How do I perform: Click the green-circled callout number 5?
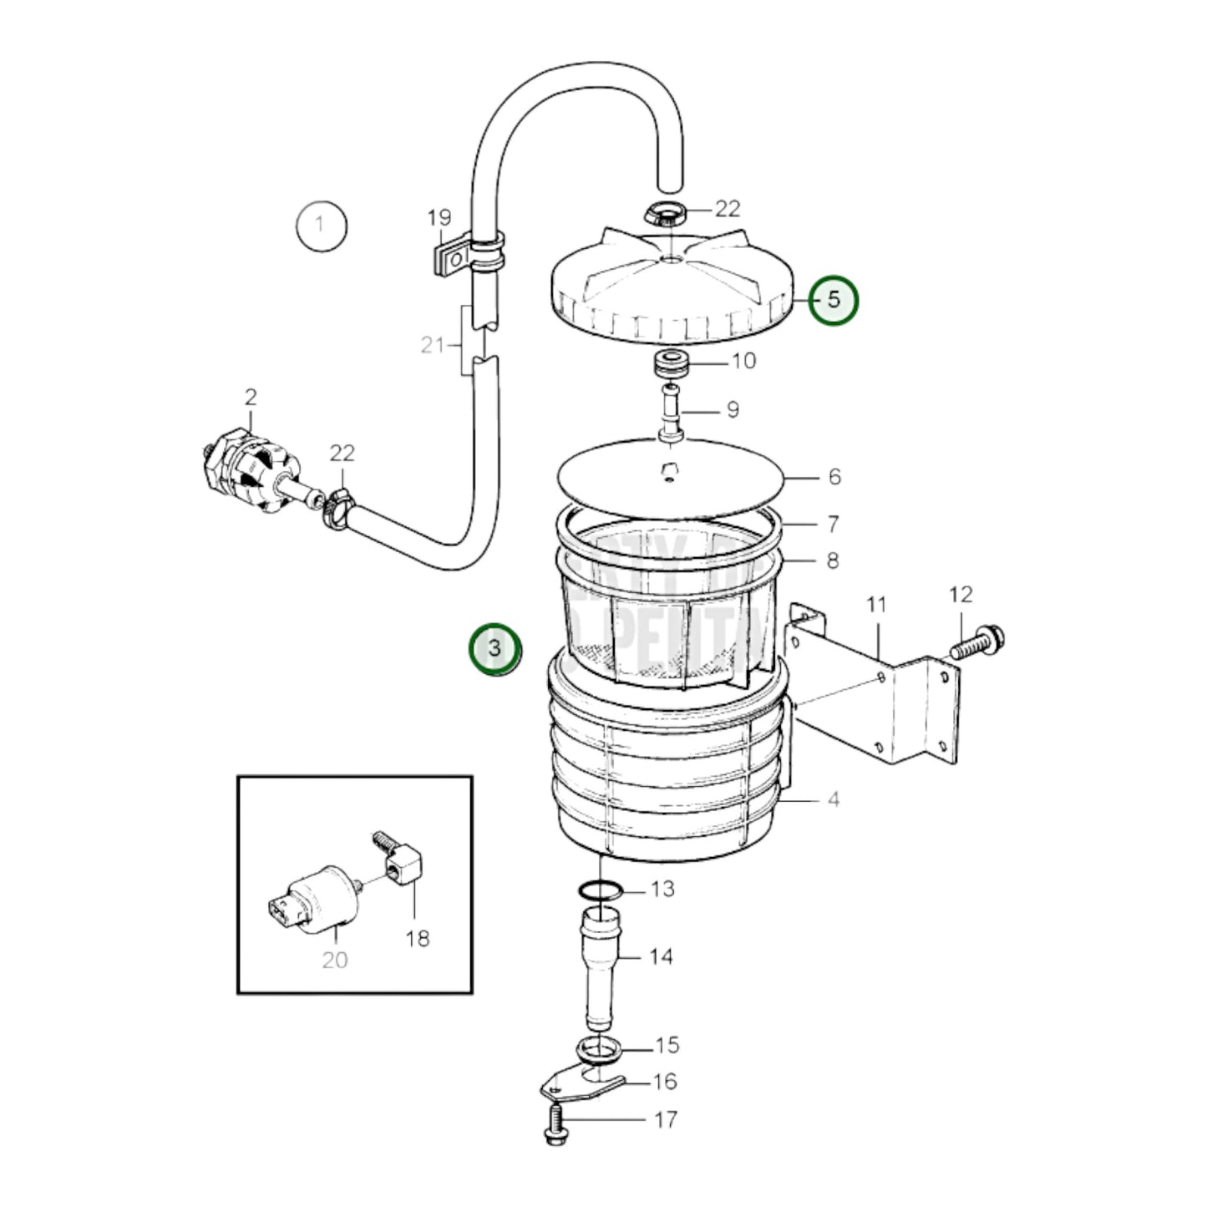(x=833, y=300)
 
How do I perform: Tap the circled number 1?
(x=322, y=225)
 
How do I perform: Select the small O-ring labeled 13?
(x=599, y=890)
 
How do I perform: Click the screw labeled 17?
(x=554, y=1124)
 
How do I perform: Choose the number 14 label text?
(x=661, y=956)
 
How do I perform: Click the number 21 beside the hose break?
(x=432, y=344)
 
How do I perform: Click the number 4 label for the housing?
(x=833, y=799)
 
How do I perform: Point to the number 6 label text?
(x=834, y=477)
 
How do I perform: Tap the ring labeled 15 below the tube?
(x=599, y=1047)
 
